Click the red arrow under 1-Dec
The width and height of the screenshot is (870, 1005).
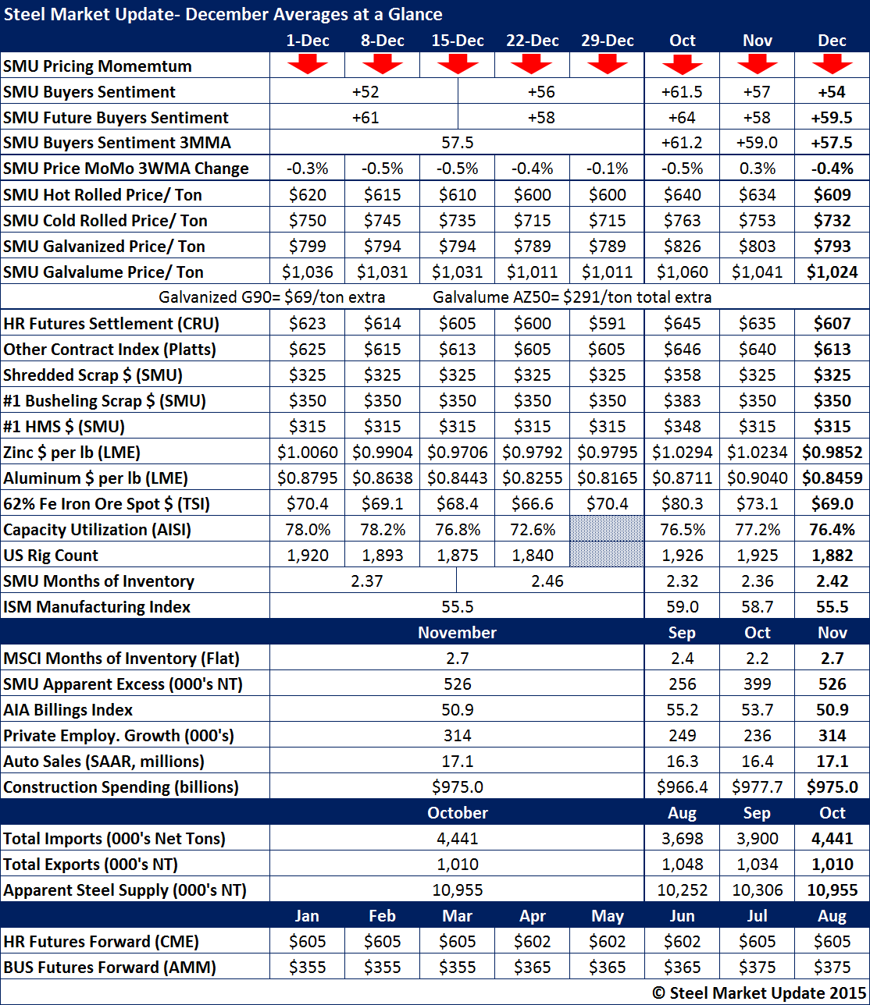click(x=308, y=65)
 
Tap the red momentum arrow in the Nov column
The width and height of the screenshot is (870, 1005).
click(x=758, y=65)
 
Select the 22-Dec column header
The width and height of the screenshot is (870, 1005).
click(x=532, y=41)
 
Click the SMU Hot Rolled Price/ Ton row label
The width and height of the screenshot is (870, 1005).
click(x=103, y=194)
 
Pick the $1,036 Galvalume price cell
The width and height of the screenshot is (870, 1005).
click(x=308, y=272)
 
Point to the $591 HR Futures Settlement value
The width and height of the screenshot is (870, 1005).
click(x=607, y=324)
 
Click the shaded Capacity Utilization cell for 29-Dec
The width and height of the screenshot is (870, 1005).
click(x=607, y=530)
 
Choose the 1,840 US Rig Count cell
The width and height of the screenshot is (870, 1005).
click(x=532, y=556)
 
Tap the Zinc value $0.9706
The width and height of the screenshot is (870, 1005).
click(x=458, y=453)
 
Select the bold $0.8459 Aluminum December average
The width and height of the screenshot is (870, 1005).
click(x=832, y=478)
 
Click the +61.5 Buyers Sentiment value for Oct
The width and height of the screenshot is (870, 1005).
click(x=682, y=92)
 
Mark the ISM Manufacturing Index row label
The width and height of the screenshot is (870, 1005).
click(x=97, y=607)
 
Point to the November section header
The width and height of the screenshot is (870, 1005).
click(x=458, y=633)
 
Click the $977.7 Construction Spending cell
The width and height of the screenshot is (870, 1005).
click(x=757, y=787)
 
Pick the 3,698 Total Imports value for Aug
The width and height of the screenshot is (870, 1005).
click(x=682, y=839)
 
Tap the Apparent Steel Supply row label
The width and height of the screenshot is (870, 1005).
click(x=124, y=890)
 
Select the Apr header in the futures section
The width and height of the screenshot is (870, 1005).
click(x=532, y=916)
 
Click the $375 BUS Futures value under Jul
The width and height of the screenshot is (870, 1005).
click(x=757, y=968)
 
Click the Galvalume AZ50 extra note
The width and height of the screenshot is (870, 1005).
click(x=572, y=297)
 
